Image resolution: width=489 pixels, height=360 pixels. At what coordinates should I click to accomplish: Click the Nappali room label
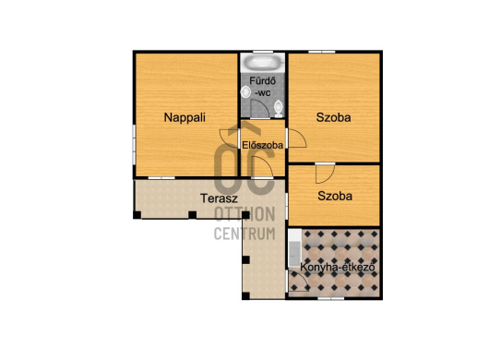click(185, 117)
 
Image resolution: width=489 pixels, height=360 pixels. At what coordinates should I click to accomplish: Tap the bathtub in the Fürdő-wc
click(264, 62)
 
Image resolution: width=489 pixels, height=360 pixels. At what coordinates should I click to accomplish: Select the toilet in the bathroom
click(279, 108)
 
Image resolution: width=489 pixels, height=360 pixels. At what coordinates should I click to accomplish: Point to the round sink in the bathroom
click(246, 92)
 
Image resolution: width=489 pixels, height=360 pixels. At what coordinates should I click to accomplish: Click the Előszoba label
click(263, 145)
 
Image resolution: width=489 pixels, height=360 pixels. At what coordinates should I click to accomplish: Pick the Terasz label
click(219, 198)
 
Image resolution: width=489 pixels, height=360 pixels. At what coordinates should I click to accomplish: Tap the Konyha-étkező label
click(337, 268)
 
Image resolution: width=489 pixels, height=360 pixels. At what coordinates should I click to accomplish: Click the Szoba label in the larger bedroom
click(333, 117)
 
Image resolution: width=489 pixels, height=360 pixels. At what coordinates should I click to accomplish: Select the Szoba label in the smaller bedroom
click(335, 196)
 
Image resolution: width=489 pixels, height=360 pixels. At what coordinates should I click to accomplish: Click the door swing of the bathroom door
click(260, 109)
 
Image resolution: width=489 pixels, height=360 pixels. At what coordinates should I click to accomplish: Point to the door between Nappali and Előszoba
click(229, 138)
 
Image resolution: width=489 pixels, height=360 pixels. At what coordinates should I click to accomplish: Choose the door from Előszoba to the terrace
click(262, 167)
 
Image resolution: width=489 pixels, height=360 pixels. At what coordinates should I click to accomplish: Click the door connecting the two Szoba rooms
click(325, 174)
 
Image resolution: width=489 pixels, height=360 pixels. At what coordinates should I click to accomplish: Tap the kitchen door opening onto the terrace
click(297, 281)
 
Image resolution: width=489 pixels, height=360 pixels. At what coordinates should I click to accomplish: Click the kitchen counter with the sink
click(294, 248)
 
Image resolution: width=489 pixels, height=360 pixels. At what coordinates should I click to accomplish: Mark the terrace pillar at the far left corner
click(137, 215)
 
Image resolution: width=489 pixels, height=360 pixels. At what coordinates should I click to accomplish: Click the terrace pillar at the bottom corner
click(245, 295)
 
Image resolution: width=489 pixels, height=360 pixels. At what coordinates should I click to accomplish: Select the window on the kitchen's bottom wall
click(330, 298)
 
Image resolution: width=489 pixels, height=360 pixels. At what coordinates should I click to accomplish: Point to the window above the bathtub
click(263, 52)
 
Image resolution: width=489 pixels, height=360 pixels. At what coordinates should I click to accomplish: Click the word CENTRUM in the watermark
click(244, 234)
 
